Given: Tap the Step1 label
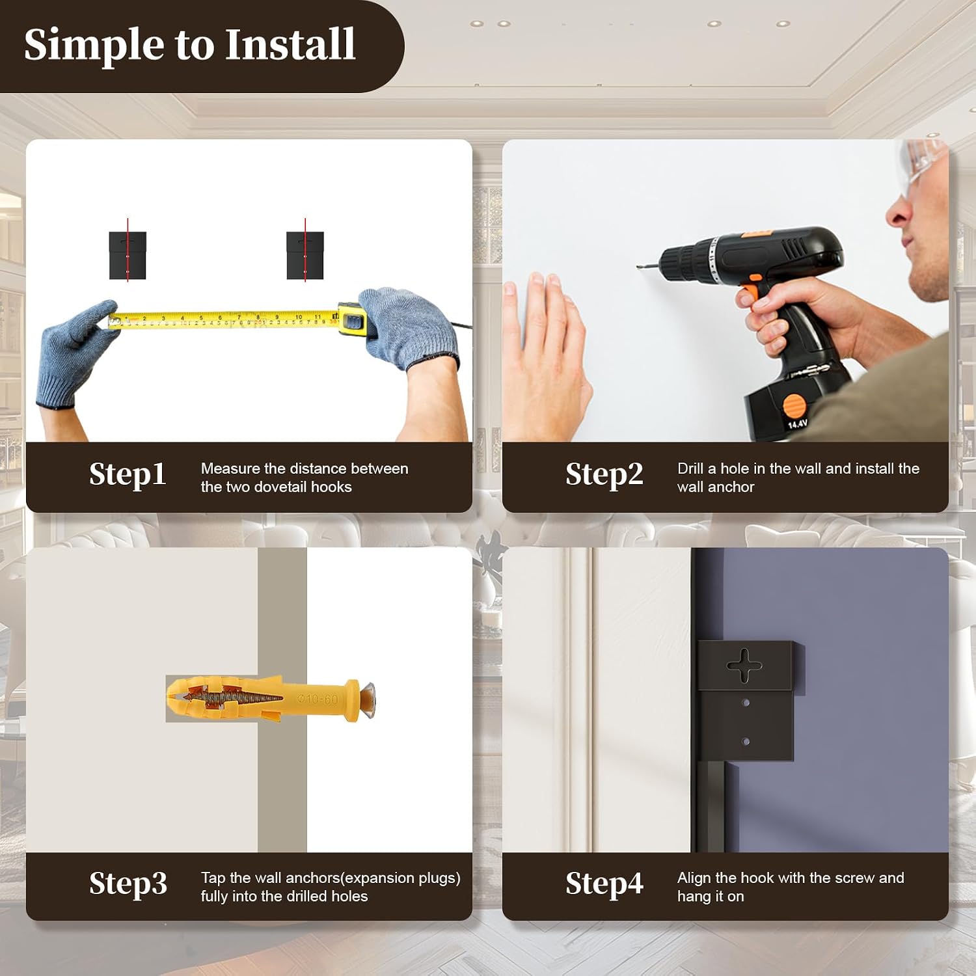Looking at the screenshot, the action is point(128,474).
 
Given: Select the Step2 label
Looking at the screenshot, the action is point(604,474).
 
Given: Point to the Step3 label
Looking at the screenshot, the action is point(128,883).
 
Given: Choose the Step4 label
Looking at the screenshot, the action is point(604,883).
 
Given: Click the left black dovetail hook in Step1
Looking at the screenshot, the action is point(128,255).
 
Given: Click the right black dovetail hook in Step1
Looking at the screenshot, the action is point(305,255).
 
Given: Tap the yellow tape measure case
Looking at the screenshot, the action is point(352,319).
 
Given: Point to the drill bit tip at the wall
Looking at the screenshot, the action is point(639,265).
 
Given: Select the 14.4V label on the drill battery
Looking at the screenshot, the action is point(798,424).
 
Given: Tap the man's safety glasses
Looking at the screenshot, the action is point(922,165).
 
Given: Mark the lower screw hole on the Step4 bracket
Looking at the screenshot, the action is point(746,742).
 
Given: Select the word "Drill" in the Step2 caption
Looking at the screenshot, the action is point(690,468).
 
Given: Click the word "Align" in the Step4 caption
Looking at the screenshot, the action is point(694,878).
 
